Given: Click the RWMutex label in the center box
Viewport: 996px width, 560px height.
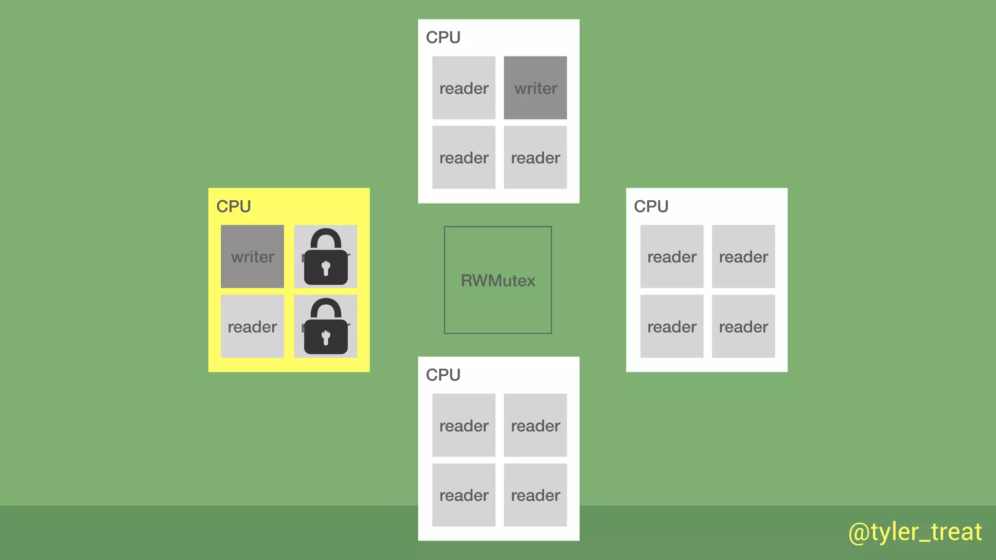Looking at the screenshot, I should click(x=498, y=280).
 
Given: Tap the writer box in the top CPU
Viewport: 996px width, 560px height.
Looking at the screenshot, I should click(x=535, y=88).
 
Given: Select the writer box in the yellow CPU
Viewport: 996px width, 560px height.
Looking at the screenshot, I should click(x=252, y=256).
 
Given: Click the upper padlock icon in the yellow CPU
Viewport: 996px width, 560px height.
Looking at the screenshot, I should click(x=325, y=258).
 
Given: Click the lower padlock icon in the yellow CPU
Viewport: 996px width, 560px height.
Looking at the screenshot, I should click(x=325, y=327).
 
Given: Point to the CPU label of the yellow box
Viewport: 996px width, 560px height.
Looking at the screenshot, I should click(x=233, y=207).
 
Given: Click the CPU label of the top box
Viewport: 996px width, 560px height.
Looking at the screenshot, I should click(x=443, y=37).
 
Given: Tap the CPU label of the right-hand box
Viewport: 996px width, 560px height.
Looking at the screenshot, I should click(x=651, y=207).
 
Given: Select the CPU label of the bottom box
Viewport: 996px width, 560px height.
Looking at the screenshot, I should click(x=443, y=375).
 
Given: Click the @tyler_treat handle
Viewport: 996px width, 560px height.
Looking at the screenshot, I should click(x=915, y=532).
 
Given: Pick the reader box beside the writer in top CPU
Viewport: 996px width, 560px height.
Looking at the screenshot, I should click(x=463, y=88).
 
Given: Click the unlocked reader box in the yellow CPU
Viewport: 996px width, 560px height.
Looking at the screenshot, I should click(x=252, y=326).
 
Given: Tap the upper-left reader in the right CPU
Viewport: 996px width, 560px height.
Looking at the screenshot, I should click(x=672, y=256).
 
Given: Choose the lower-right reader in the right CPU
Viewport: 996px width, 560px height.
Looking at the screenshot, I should click(x=743, y=326).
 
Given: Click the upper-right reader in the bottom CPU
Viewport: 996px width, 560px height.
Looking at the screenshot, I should click(x=535, y=425).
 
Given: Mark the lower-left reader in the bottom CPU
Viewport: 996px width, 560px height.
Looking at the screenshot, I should click(x=463, y=495).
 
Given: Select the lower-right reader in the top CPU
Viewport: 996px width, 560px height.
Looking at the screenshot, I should click(x=535, y=157).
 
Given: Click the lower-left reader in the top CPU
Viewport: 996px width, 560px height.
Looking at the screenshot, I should click(x=463, y=157).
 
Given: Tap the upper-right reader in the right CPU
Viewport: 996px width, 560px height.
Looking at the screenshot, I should click(x=743, y=256).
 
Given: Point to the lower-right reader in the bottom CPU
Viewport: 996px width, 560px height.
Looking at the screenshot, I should click(x=535, y=495).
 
